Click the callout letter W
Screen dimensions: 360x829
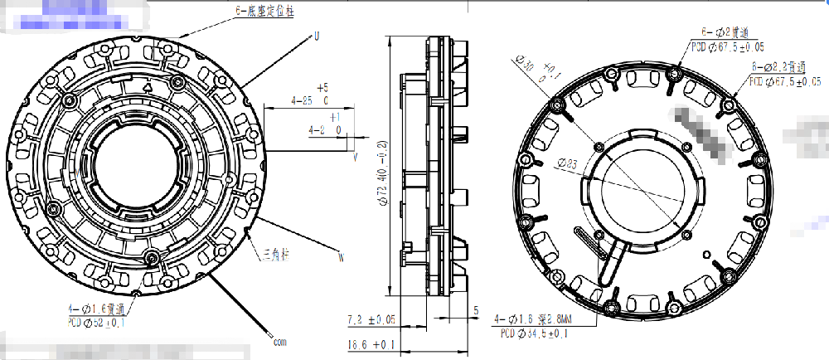pos(340,256)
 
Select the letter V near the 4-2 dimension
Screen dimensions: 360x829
pos(355,155)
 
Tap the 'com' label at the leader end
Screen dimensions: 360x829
pos(279,340)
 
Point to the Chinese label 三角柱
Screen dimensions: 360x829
pos(277,251)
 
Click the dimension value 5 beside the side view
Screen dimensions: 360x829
pos(476,310)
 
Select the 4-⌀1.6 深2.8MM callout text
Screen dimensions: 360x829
pos(531,319)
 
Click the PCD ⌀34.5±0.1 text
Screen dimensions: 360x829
pos(535,333)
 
